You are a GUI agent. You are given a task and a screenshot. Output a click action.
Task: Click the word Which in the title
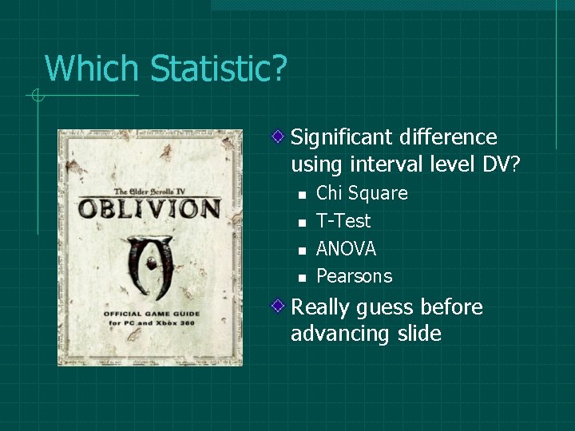(93, 69)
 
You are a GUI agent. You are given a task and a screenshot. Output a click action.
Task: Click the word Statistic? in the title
(217, 69)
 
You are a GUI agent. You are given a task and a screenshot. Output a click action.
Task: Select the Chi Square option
(362, 193)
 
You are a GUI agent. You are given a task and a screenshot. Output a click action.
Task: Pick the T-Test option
(343, 221)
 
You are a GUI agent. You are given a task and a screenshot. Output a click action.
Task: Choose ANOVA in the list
(346, 249)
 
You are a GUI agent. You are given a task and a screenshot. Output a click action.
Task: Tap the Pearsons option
(354, 276)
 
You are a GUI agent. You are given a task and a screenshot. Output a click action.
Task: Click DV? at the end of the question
(501, 164)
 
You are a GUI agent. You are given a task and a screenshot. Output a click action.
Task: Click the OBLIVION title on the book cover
(149, 208)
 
